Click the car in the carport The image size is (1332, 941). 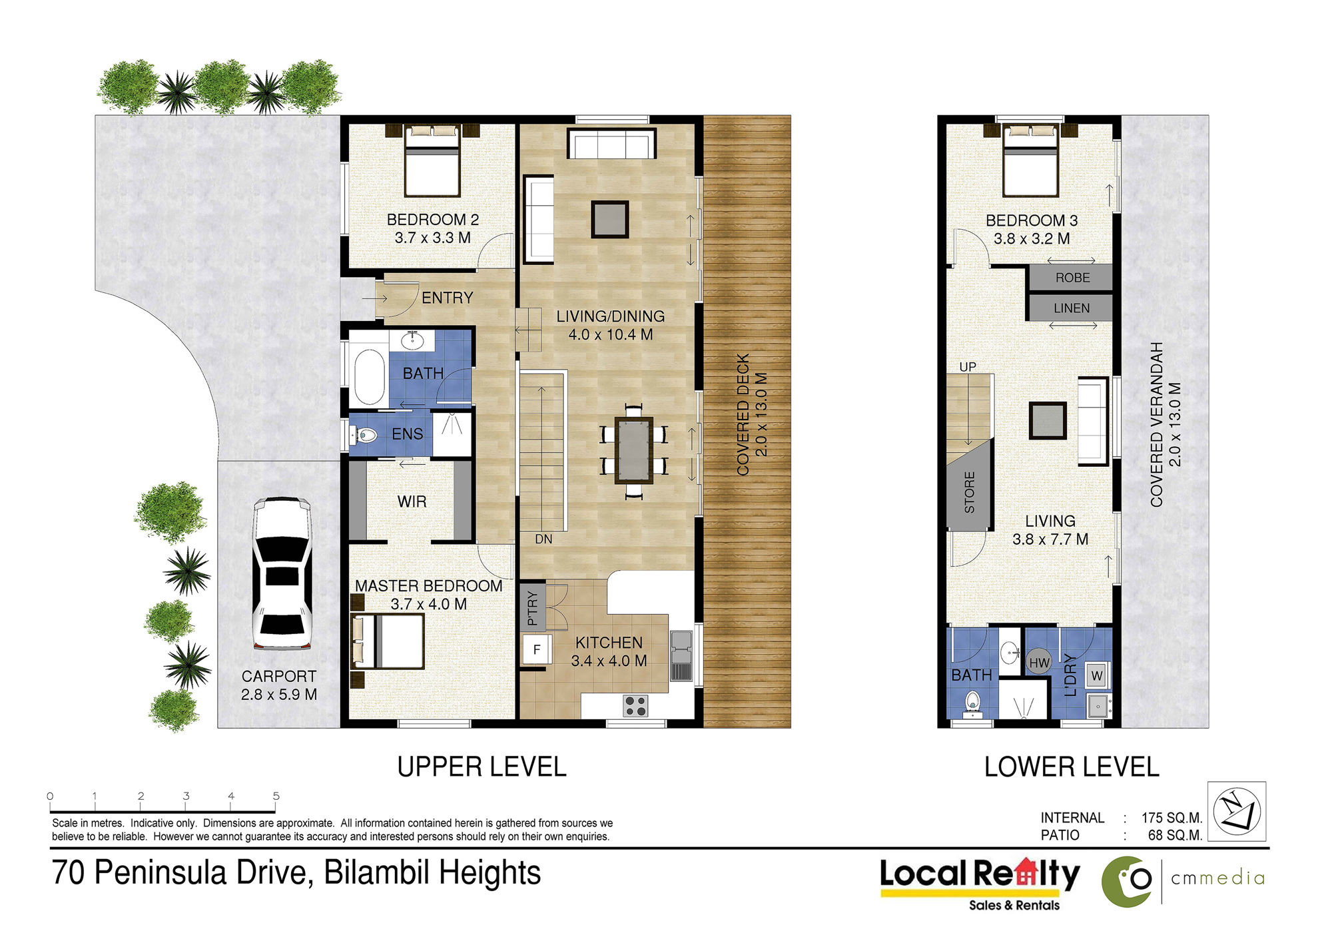282,574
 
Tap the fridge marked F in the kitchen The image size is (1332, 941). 537,649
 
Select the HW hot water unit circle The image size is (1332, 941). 1039,663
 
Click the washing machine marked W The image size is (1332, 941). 1097,675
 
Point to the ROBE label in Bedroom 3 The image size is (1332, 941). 1072,278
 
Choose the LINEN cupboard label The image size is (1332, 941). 1072,308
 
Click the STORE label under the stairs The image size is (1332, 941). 970,492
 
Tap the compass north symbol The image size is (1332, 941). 1237,812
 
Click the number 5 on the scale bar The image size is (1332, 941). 276,796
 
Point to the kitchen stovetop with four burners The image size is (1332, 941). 635,706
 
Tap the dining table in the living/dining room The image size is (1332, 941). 634,450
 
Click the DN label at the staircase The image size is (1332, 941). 543,539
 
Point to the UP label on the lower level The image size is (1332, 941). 968,367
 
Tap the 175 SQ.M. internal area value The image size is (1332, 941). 1171,818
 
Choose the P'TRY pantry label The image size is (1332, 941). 532,608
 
